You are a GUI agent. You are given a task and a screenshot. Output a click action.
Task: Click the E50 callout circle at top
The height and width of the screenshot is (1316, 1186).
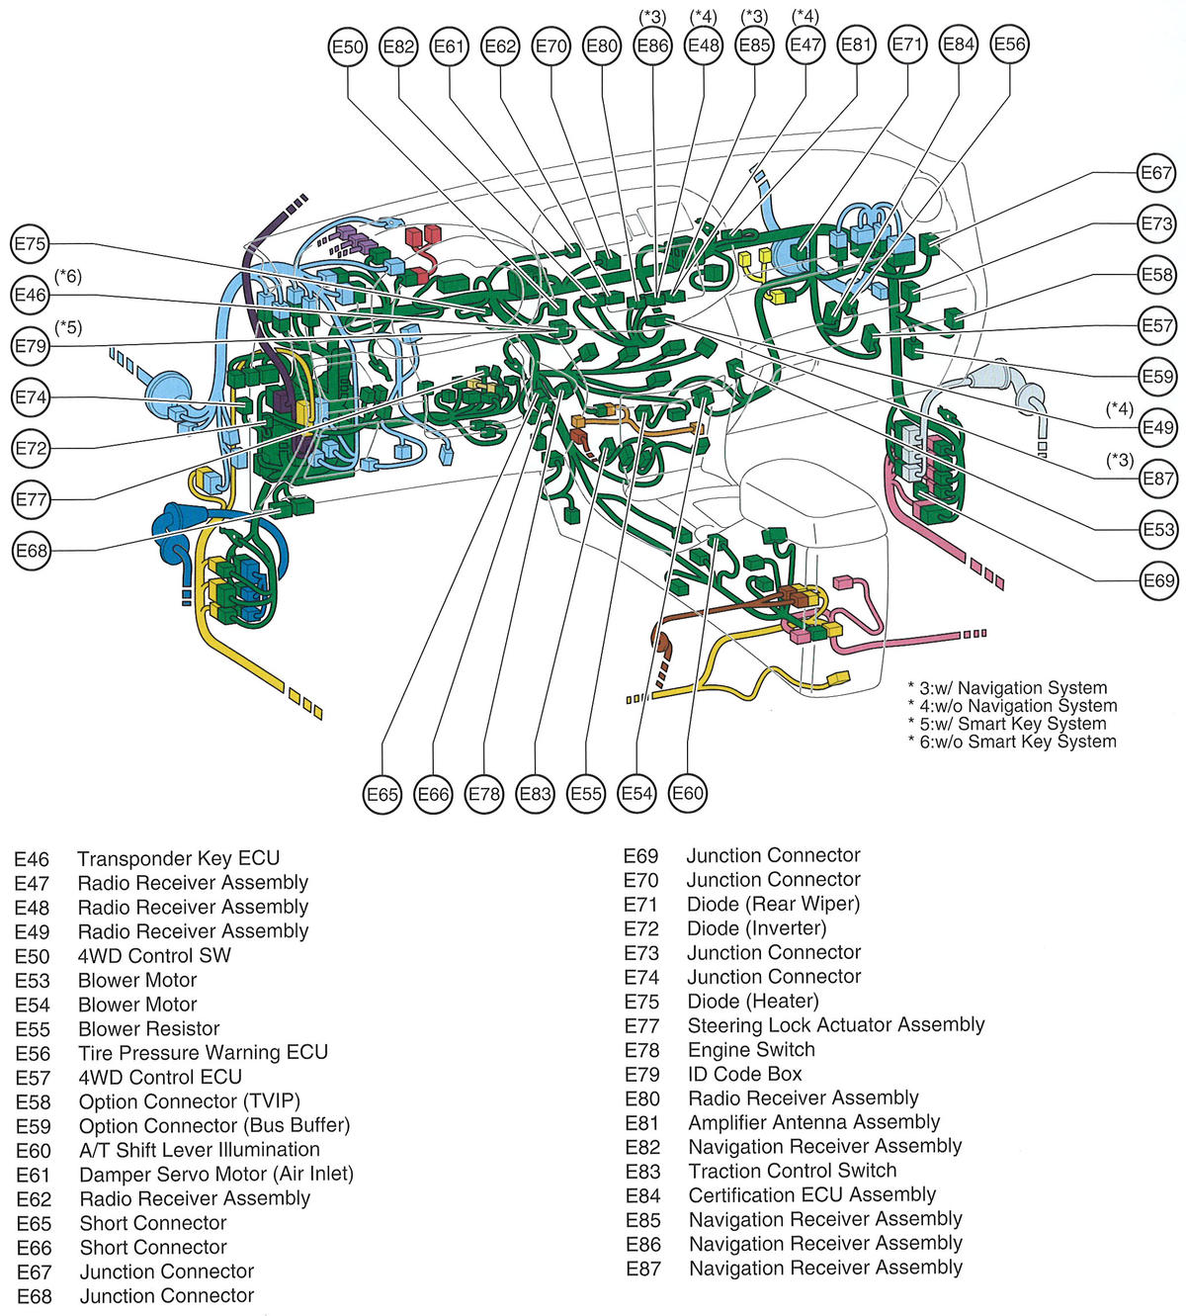348,46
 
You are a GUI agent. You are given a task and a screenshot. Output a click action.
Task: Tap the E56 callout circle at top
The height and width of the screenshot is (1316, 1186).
1010,44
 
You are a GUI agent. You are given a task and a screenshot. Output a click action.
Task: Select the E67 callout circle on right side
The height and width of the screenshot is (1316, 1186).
1156,173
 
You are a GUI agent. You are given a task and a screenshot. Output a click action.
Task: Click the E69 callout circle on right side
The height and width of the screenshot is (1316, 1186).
1157,580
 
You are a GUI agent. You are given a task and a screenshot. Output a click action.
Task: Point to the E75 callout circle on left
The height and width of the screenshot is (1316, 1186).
31,244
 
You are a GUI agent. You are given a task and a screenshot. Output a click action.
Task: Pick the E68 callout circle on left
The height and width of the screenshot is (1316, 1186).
32,551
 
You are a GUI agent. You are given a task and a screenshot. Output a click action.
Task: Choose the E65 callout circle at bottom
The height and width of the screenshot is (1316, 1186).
382,794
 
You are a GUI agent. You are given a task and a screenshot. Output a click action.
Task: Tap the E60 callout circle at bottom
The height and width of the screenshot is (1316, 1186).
688,793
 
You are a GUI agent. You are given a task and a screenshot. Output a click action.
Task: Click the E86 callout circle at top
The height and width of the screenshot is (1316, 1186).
653,45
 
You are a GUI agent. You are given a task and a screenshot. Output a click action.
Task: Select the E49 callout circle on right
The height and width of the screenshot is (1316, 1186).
1157,427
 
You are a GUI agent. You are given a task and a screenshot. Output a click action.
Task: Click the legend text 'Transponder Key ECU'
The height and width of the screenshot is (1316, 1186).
179,858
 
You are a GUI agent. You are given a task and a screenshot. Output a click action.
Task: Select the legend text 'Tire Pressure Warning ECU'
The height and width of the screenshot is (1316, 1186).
204,1052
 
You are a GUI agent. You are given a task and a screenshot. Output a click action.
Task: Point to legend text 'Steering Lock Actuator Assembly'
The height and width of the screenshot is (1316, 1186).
836,1024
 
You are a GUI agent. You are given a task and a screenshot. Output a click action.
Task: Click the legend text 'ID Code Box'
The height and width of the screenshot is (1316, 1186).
745,1073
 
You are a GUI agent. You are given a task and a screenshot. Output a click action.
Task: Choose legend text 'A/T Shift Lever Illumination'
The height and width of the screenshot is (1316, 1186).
200,1149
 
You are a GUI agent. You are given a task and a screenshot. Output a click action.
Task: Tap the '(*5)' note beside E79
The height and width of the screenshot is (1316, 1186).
68,327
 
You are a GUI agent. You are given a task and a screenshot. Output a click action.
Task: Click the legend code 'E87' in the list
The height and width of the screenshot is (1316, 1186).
642,1269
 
